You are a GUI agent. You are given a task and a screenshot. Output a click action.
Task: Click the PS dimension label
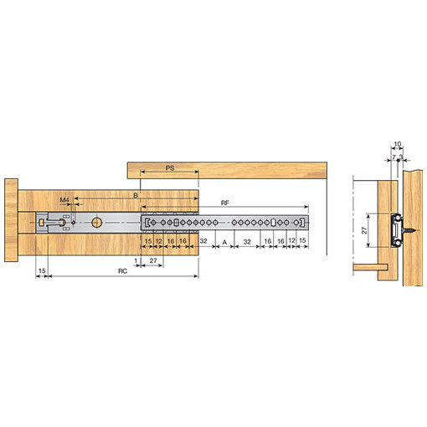coord(170,168)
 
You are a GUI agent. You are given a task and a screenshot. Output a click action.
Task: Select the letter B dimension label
coord(136,195)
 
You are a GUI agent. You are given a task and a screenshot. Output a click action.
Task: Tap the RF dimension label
coord(225,203)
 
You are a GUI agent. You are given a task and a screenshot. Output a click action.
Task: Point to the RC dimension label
coord(122,271)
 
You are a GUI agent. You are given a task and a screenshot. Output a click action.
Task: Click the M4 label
coord(64,200)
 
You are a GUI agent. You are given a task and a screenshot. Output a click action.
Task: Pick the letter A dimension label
coord(224,242)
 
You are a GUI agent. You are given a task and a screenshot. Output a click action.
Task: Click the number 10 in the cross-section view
coord(398,144)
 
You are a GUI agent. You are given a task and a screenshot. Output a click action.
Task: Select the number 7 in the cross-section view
coord(394,157)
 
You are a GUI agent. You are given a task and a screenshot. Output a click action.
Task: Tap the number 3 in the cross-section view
coord(401,157)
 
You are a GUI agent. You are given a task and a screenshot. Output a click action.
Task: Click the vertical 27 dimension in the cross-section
coord(364,230)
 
